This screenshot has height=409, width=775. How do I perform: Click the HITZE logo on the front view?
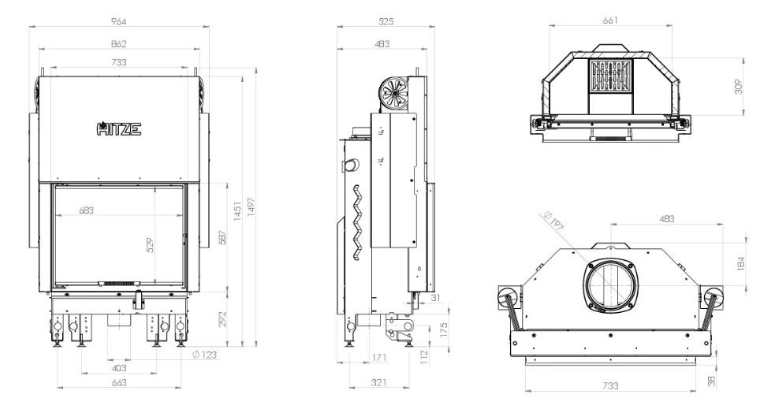point(118,128)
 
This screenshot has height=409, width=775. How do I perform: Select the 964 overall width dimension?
point(118,21)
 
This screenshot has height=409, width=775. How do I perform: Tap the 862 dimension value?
point(118,43)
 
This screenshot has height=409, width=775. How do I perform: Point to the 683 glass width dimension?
point(86,210)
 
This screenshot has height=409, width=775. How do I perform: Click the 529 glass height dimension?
point(151,246)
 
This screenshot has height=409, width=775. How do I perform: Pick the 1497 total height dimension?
point(251,209)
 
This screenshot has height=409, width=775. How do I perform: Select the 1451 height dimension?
point(237,211)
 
